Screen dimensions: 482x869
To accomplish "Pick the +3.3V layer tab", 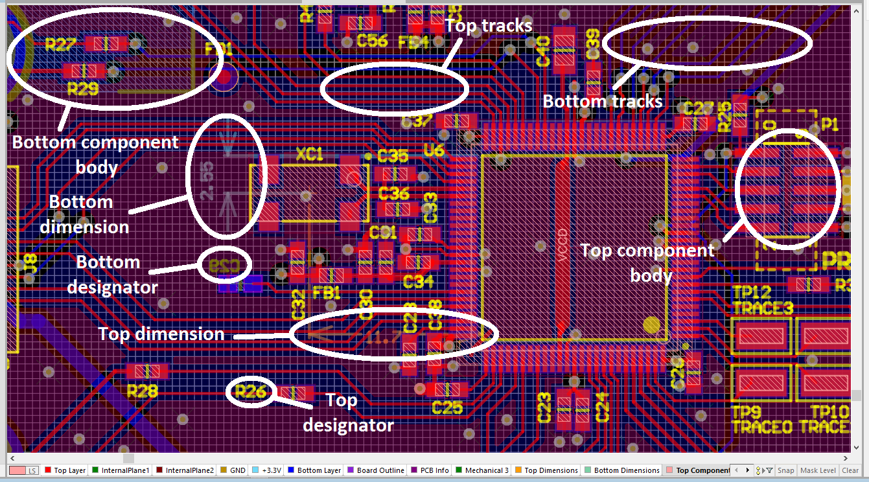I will click(272, 470).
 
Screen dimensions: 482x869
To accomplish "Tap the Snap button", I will click(786, 470).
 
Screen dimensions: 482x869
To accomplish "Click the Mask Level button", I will click(818, 470).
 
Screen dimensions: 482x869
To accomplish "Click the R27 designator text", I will click(62, 45).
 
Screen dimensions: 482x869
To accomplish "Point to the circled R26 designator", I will click(250, 391).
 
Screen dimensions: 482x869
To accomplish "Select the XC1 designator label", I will click(310, 155).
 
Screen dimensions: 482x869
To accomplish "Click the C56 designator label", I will click(372, 41).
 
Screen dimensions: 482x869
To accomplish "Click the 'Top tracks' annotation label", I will click(489, 25).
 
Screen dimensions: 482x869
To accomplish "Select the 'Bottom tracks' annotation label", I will click(602, 101).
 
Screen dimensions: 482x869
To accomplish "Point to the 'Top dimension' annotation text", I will click(161, 334).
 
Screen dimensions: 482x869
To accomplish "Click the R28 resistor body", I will click(148, 371).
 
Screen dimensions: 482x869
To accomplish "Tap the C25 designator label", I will click(447, 407).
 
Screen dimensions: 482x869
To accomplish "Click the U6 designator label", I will click(434, 150).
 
